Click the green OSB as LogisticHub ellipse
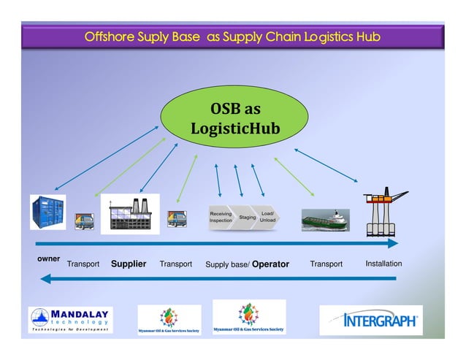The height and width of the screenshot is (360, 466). [x=235, y=118]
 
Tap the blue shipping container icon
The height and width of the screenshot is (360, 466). [x=47, y=212]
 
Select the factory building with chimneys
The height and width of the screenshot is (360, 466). [x=129, y=214]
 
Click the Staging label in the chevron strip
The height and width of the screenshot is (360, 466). [x=248, y=217]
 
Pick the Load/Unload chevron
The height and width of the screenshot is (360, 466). [x=268, y=217]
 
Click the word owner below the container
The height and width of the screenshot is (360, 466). [x=48, y=259]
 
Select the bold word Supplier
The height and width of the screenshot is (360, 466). [x=129, y=264]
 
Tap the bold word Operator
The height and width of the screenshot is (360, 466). [x=270, y=264]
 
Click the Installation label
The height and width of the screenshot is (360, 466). [x=383, y=264]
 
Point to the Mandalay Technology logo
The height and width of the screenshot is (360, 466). [x=70, y=320]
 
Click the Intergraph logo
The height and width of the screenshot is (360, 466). [x=372, y=320]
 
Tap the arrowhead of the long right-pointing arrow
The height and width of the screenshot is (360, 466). [x=393, y=243]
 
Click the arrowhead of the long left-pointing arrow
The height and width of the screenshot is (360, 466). [x=45, y=278]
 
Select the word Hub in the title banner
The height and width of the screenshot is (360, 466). [x=367, y=36]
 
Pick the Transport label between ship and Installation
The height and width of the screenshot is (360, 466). [x=326, y=264]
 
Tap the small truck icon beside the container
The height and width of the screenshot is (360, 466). [x=83, y=221]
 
